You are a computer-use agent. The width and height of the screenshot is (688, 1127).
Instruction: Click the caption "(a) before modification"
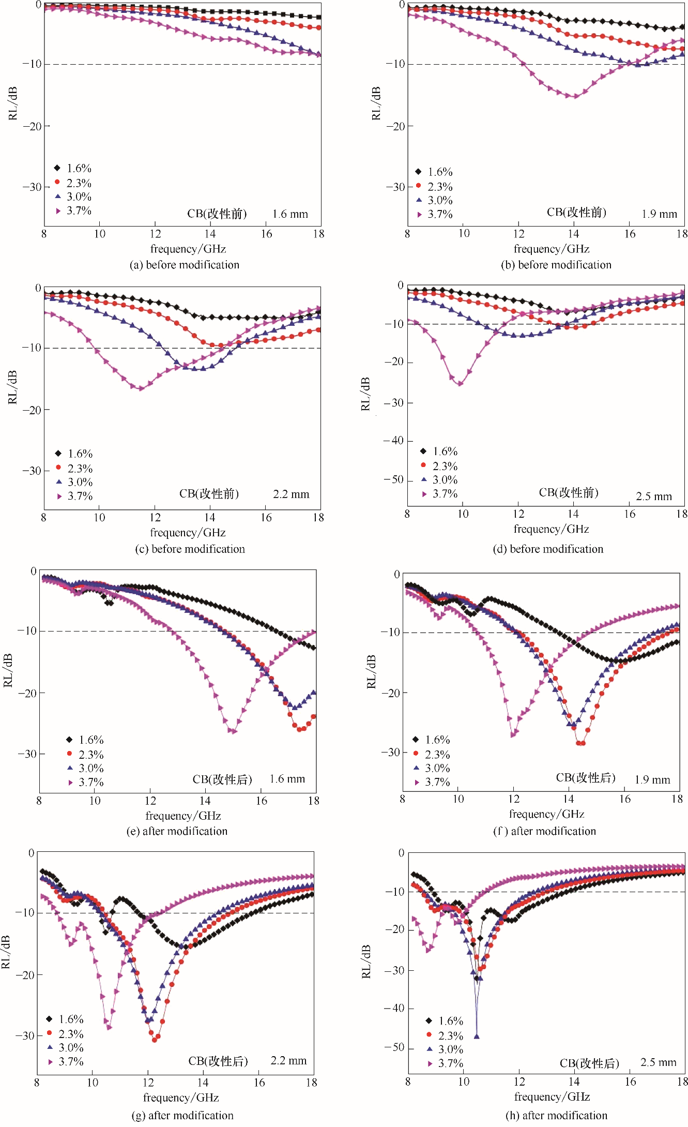pos(185,265)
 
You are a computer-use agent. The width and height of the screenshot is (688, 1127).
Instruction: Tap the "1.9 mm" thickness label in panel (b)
pos(659,214)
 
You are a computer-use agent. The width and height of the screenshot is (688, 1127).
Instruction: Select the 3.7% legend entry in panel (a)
pos(73,211)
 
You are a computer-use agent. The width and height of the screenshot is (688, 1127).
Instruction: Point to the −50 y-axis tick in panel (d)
pos(394,479)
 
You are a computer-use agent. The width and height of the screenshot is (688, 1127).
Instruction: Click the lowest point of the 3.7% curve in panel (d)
pos(460,383)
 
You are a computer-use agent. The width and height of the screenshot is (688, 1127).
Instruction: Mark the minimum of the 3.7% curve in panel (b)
pos(575,96)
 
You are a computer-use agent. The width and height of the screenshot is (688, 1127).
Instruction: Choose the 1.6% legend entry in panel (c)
pos(74,454)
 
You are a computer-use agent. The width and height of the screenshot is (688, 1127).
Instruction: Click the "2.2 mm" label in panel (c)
pos(291,494)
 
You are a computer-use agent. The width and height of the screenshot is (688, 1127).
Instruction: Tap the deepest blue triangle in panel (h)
pos(477,1036)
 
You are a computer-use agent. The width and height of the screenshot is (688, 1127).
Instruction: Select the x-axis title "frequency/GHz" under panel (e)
pos(183,816)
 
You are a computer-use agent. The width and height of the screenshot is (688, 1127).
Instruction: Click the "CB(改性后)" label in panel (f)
pos(586,778)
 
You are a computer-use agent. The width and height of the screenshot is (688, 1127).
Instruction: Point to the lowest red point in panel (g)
pos(155,1039)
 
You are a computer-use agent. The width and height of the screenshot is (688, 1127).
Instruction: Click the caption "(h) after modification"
pos(556,1115)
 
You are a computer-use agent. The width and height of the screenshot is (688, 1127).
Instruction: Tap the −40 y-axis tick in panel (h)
pos(394,1008)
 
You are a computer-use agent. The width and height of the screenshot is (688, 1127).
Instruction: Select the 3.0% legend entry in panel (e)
pos(85,768)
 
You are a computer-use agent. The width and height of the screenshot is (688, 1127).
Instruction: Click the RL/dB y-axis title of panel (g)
pos(6,952)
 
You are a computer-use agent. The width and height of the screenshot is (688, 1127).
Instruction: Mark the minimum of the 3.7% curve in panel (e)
pos(233,731)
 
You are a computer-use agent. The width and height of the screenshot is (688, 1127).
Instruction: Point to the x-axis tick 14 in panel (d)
pos(573,514)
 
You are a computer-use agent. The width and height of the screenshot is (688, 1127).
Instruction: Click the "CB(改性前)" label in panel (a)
pos(217,214)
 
